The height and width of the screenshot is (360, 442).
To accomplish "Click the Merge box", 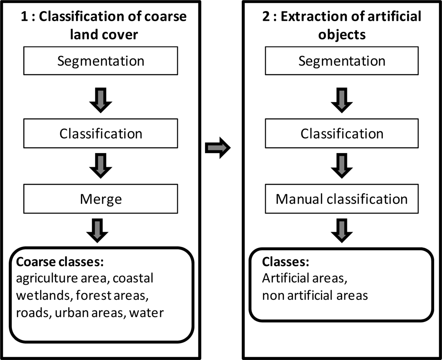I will coord(101,199).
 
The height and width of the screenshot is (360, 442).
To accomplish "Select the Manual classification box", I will coord(342,199).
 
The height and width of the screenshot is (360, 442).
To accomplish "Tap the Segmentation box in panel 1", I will coord(101,61).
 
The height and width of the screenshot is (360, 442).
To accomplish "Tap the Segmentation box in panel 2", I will coord(342,61).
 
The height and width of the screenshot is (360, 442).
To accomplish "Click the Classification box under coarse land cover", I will coord(101,134).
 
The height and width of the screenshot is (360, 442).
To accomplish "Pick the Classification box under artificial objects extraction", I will coord(342,134).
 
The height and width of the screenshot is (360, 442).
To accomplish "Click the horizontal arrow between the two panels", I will coord(218,148).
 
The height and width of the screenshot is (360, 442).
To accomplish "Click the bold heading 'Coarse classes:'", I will coord(60,262).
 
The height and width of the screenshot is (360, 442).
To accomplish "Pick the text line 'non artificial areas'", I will coord(315,295).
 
